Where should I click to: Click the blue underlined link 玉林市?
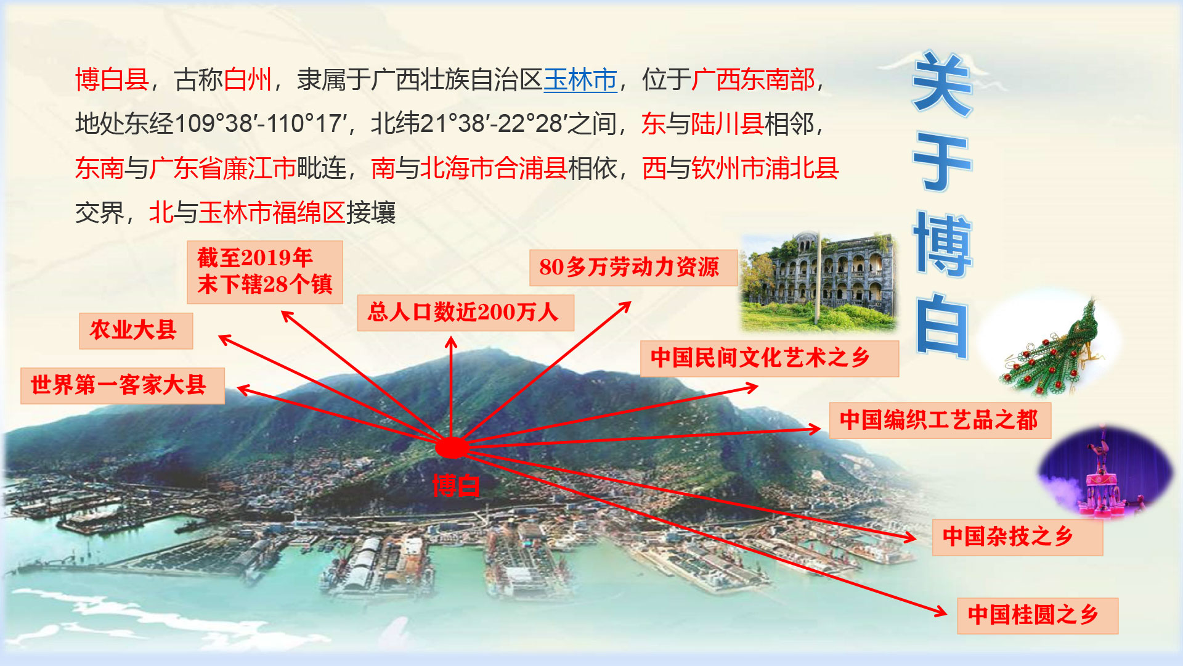580,80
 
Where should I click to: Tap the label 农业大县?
136,331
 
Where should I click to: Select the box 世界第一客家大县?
123,386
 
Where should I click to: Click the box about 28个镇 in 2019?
265,272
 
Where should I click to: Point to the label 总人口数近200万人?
465,313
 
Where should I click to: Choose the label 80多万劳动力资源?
633,268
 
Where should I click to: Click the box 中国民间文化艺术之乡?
770,358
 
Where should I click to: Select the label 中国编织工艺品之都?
940,421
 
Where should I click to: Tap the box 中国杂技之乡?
1017,537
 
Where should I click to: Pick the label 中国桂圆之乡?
1038,615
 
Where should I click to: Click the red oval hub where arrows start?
452,448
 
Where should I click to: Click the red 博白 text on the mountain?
456,486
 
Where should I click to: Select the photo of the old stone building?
819,282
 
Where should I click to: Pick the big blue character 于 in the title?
943,163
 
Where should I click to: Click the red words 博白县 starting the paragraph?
112,80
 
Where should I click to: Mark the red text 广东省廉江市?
223,168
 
